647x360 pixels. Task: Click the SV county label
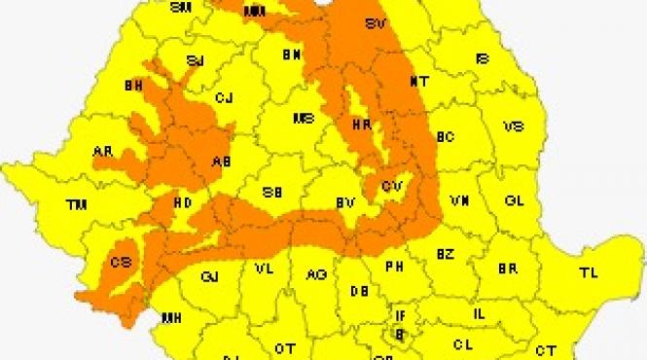tap(374, 23)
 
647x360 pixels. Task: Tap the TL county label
tap(589, 271)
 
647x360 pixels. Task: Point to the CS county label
tap(121, 262)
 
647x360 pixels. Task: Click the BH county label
tap(134, 86)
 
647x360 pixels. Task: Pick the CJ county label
tap(225, 97)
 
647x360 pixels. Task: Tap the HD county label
tap(182, 203)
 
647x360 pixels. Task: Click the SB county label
tap(272, 193)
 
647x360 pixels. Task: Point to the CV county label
tap(392, 184)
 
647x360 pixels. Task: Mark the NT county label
tap(418, 81)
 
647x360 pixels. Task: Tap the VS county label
tap(515, 126)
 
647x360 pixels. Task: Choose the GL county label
tap(515, 200)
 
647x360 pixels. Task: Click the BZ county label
tap(445, 254)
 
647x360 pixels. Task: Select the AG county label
tap(316, 275)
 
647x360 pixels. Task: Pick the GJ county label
tap(209, 277)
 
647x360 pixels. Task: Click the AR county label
tap(102, 153)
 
